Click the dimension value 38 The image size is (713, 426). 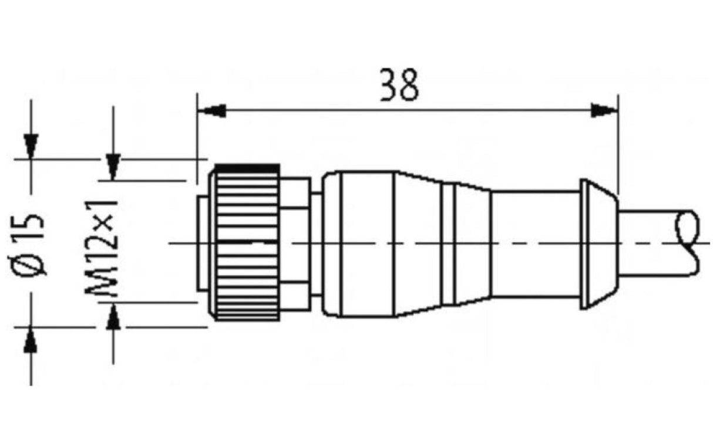399,85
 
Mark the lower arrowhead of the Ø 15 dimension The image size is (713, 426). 31,340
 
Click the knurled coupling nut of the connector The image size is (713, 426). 247,244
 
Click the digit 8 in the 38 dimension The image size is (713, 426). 409,85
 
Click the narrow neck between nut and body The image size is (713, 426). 316,244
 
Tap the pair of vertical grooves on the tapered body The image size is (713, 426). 454,244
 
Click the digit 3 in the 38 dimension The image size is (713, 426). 389,85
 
